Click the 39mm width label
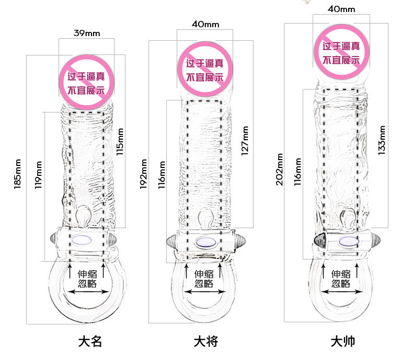(x=86, y=33)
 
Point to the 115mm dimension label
(x=120, y=142)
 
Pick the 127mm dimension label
(x=245, y=141)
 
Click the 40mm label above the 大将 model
(x=205, y=24)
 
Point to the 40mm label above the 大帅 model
(x=341, y=9)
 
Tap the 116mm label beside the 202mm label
(x=298, y=172)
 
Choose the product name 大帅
(x=342, y=342)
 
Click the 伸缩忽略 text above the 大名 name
(x=87, y=278)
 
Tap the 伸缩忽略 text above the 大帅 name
(x=340, y=278)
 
